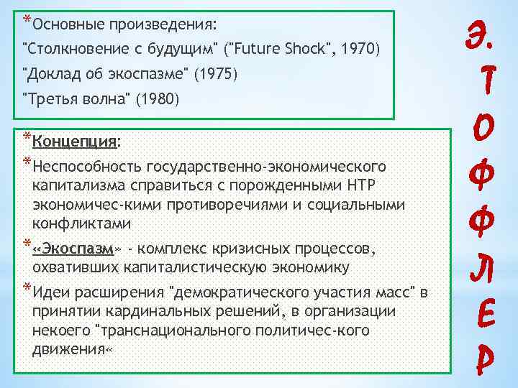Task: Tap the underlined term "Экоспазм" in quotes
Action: pyautogui.click(x=83, y=249)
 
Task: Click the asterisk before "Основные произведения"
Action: pyautogui.click(x=27, y=19)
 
